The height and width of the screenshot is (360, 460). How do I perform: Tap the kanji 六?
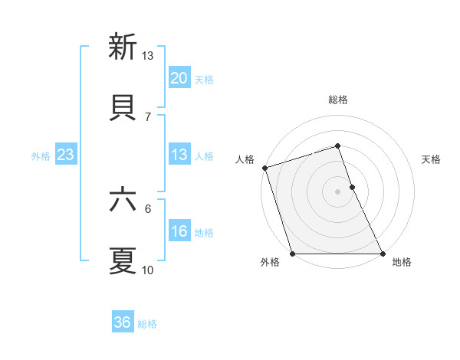pyautogui.click(x=123, y=200)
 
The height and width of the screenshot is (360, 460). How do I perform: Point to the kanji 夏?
pyautogui.click(x=123, y=260)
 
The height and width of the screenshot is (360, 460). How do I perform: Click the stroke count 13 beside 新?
pyautogui.click(x=148, y=55)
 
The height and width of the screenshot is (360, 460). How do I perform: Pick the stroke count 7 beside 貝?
pyautogui.click(x=148, y=116)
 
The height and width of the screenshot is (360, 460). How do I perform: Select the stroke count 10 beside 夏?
pyautogui.click(x=148, y=270)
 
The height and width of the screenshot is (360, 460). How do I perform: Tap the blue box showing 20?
pyautogui.click(x=179, y=78)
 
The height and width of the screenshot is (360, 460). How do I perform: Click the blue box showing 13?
pyautogui.click(x=179, y=155)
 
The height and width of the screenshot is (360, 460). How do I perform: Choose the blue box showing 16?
pyautogui.click(x=179, y=232)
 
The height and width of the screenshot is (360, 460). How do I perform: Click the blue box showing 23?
pyautogui.click(x=65, y=155)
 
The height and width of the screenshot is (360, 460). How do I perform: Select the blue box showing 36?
pyautogui.click(x=123, y=322)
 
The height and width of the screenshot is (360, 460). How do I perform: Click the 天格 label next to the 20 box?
pyautogui.click(x=204, y=79)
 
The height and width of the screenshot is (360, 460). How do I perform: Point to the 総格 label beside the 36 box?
pyautogui.click(x=147, y=323)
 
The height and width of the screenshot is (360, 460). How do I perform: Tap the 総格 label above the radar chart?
pyautogui.click(x=338, y=100)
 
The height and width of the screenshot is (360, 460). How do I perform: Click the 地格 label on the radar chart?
pyautogui.click(x=402, y=262)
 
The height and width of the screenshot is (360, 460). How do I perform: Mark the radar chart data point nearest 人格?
pyautogui.click(x=264, y=168)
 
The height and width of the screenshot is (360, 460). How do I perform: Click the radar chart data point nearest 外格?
pyautogui.click(x=292, y=254)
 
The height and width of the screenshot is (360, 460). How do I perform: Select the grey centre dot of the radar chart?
pyautogui.click(x=338, y=191)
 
